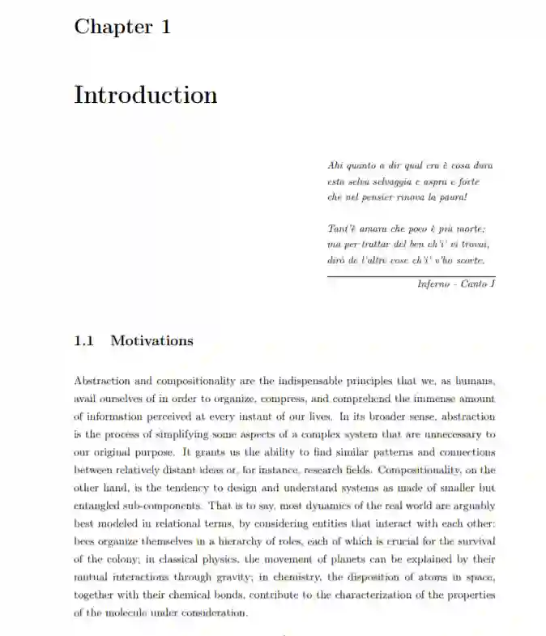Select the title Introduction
[146, 95]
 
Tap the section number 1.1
[85, 340]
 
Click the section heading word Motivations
[151, 340]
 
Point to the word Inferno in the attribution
[434, 284]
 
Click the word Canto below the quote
[474, 284]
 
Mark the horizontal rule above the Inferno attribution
[411, 275]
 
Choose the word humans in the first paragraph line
[474, 381]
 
